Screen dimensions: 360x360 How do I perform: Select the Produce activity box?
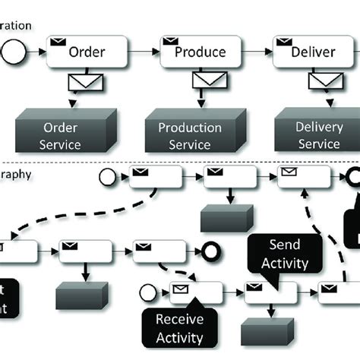point(200,52)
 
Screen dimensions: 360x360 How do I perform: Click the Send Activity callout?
point(279,254)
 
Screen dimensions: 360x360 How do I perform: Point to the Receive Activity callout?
point(179,328)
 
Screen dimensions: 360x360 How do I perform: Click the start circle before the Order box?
point(15,52)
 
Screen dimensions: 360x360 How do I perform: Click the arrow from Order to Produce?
point(144,52)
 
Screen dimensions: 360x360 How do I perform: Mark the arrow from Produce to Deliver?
point(258,52)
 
